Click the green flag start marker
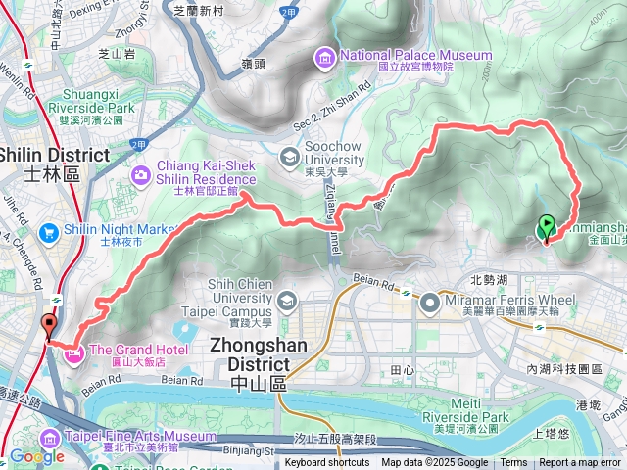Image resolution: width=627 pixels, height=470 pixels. pos(547,227)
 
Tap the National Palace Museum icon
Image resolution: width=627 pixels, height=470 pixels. pos(325,60)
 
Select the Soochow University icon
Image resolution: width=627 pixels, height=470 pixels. pos(289,157)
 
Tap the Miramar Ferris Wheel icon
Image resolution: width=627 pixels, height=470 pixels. pos(429,303)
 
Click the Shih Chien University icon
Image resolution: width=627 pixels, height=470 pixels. pos(286,300)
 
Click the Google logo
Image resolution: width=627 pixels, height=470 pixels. pos(36,456)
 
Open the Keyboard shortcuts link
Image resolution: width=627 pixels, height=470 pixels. pos(327,463)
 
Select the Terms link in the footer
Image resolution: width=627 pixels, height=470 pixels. pos(513,463)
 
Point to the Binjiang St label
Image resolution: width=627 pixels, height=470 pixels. pos(252,453)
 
